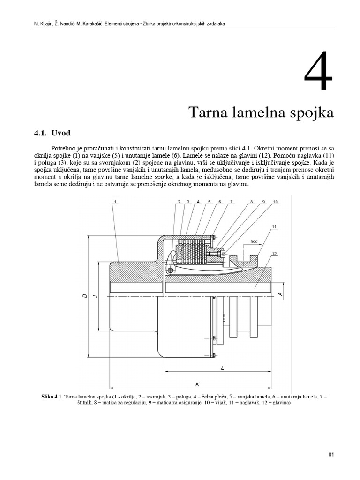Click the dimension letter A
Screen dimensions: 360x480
click(x=280, y=294)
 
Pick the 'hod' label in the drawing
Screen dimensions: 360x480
click(x=254, y=241)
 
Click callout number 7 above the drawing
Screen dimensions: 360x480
click(x=231, y=202)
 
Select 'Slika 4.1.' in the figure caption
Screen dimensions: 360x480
click(x=52, y=397)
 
